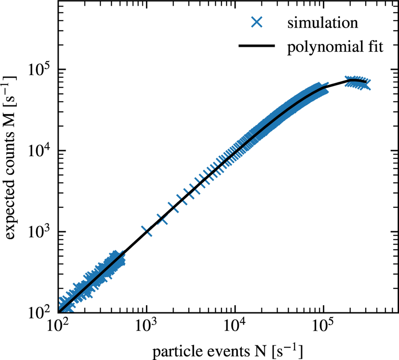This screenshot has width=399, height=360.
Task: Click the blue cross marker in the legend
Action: [x=257, y=23]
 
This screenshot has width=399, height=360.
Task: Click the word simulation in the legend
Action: [x=323, y=23]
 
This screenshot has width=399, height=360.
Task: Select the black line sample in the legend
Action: [x=257, y=46]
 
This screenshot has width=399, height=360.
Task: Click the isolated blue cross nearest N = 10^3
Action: [x=147, y=231]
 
